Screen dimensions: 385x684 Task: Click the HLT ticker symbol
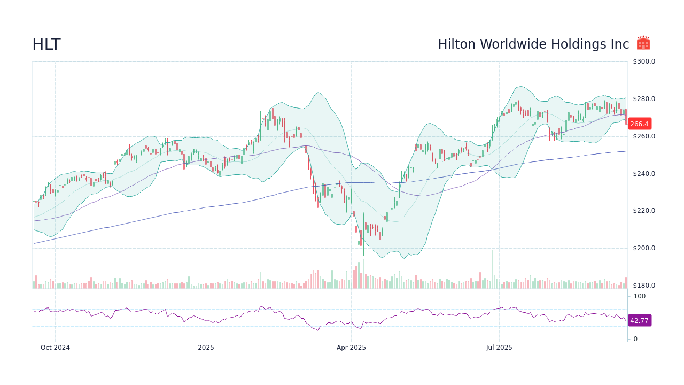(46, 44)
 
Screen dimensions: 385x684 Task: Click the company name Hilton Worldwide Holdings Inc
(533, 44)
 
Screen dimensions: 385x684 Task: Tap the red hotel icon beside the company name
(643, 43)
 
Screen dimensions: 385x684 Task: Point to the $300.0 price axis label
(644, 61)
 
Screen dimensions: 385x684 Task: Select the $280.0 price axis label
(644, 99)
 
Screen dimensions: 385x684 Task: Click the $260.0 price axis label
(644, 136)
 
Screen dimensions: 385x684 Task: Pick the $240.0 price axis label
(644, 174)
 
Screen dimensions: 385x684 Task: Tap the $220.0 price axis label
(644, 211)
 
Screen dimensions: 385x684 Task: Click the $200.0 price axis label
(644, 248)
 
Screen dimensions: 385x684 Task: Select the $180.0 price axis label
(644, 286)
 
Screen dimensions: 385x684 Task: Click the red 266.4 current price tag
(639, 124)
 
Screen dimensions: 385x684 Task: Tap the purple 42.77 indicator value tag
(639, 321)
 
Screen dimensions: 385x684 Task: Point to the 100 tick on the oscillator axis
(639, 296)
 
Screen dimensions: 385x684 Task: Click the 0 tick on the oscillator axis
(635, 339)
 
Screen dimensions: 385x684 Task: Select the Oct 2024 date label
(55, 348)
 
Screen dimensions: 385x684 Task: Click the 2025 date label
(206, 348)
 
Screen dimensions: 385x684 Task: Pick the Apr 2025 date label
(351, 348)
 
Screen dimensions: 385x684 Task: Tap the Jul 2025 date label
(499, 348)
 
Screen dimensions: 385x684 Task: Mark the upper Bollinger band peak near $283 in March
(318, 93)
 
